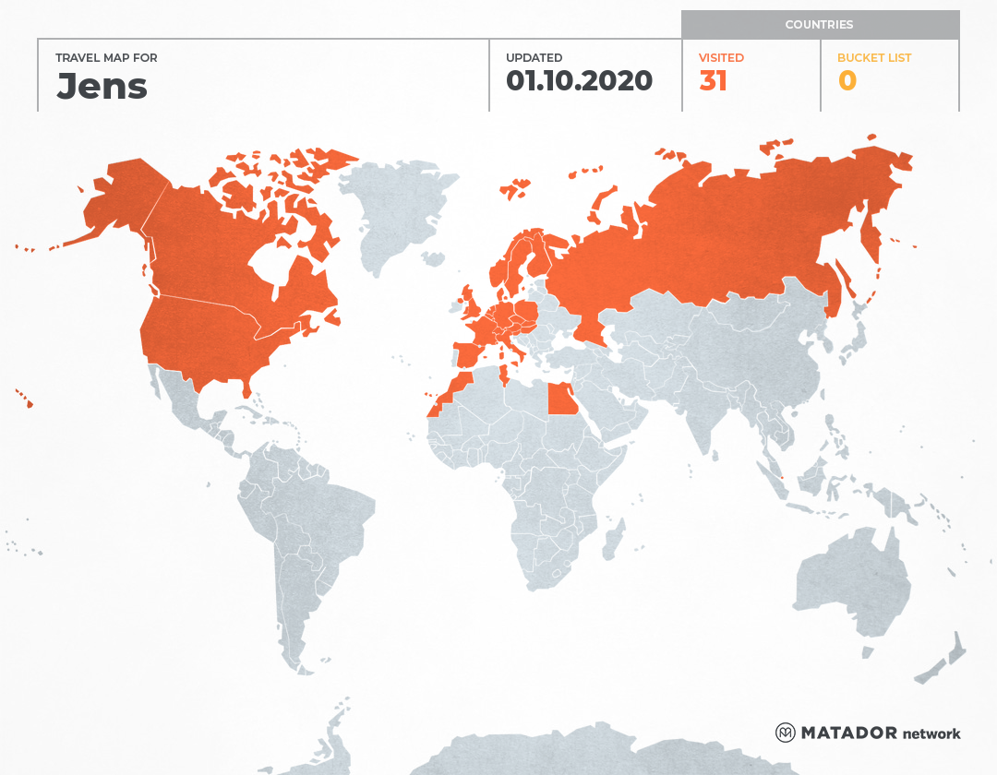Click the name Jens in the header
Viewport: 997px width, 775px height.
pos(102,85)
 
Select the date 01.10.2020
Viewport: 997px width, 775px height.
pos(579,81)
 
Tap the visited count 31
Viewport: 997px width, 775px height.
pos(714,81)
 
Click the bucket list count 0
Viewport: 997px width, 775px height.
pos(847,81)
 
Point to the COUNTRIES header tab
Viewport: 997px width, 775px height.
pos(819,25)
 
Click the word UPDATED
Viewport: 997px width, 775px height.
pos(534,57)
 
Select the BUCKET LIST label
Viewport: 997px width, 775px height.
pos(873,57)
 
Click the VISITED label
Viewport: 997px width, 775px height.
pos(721,57)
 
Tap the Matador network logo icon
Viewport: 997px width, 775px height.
pos(786,733)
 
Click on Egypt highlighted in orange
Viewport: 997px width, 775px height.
pos(561,400)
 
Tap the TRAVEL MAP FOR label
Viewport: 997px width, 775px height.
pos(106,57)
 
